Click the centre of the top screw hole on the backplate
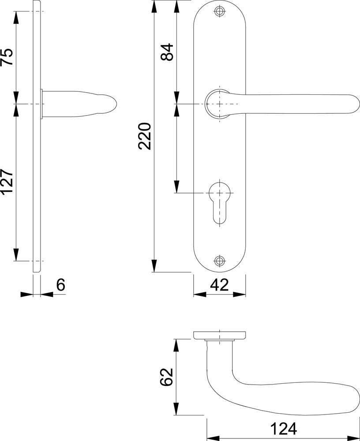tap(220, 11)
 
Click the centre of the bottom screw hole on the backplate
tap(220, 261)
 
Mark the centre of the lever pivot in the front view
tap(220, 104)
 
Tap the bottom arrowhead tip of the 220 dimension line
tap(154, 272)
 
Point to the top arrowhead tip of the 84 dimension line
tap(176, 0)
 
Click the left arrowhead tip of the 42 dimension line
tap(194, 295)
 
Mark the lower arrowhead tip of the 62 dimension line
tap(176, 415)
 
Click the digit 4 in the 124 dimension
tap(292, 429)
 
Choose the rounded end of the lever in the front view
tap(355, 104)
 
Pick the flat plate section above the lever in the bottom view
tap(220, 335)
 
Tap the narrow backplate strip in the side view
tap(37, 136)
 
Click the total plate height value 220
tap(145, 136)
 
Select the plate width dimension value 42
tap(220, 285)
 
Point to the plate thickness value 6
tap(61, 285)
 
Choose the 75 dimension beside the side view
tap(7, 57)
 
